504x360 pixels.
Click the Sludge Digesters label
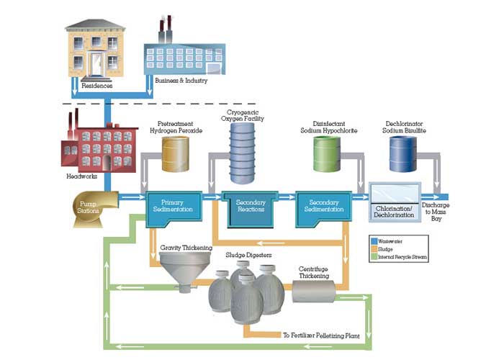click(x=248, y=254)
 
